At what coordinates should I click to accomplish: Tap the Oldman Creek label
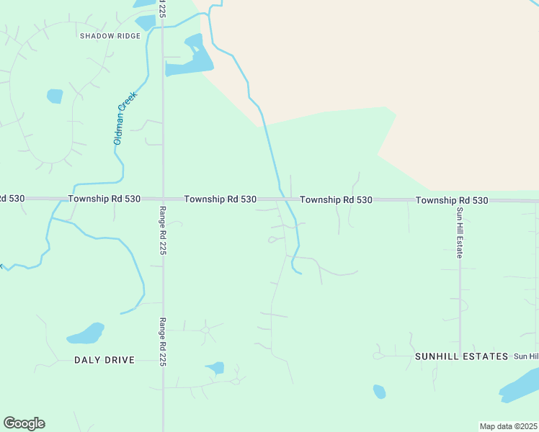click(x=125, y=117)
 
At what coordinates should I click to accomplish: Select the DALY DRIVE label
click(x=104, y=360)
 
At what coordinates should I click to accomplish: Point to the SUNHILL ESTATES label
click(x=461, y=356)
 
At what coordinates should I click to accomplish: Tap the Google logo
click(x=24, y=423)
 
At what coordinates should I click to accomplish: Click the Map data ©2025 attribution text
click(x=508, y=426)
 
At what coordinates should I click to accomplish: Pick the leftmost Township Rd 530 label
click(x=104, y=198)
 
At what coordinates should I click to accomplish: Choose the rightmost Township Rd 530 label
click(x=452, y=200)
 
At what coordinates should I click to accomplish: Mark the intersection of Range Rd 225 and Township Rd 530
click(x=163, y=198)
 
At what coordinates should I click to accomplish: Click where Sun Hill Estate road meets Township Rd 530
click(x=459, y=200)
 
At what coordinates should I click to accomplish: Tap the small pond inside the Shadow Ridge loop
click(x=55, y=96)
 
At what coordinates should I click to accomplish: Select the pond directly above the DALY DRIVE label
click(x=86, y=334)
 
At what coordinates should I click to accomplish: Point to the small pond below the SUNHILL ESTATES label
click(x=379, y=392)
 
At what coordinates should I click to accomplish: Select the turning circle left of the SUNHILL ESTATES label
click(x=377, y=356)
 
